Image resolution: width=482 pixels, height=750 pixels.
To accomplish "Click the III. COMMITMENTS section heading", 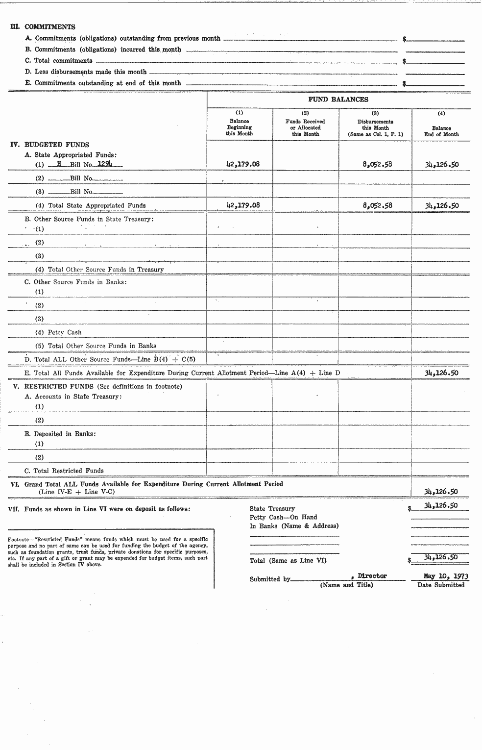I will coord(43,27).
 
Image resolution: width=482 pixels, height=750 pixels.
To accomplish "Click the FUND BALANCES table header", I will coord(338,100).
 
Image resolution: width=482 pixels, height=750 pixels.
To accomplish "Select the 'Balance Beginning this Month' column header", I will coord(239,127).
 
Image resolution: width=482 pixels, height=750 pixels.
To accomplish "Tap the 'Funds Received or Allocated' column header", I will coord(305,127).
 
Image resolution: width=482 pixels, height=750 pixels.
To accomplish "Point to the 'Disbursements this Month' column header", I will coord(375,127).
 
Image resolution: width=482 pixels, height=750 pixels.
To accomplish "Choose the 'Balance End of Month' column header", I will coord(441,131).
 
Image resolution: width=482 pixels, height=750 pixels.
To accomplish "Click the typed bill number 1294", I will coord(105,164).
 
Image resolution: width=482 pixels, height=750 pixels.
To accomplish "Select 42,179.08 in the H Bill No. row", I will coord(243,164).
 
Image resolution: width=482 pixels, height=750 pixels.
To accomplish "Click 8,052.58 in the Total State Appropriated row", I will coord(377,205).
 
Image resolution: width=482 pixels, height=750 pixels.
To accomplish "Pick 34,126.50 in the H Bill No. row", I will coord(442,164).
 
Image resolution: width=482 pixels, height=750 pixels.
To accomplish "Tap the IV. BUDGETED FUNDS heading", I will coord(50,145).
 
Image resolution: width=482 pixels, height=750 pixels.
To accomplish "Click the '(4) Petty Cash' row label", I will coord(58,332).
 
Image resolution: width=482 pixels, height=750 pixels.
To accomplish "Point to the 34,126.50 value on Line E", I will coord(442,373).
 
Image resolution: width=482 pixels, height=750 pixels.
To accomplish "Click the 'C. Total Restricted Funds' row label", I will coord(64,471).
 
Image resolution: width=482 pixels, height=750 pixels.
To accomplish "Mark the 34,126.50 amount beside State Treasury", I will coord(441,506).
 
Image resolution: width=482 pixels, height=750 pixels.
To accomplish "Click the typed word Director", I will coord(372,576).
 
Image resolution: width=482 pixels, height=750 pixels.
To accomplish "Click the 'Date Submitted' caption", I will coord(441,585).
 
